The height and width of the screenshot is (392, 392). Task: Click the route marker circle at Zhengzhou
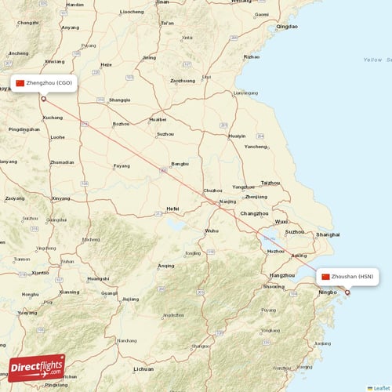coord(44,98)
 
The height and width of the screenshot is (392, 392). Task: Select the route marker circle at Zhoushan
coord(348,292)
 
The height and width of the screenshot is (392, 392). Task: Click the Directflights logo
coord(37,368)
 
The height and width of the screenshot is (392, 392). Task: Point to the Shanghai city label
coord(328,234)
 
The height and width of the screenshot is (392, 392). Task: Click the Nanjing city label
coord(228,201)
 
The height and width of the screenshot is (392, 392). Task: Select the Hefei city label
coord(172,209)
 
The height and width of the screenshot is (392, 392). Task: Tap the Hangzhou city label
coord(281,275)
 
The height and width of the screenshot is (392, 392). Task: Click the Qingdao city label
coord(287,27)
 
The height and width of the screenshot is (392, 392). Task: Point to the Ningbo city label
coord(328,293)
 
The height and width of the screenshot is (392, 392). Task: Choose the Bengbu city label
coord(180,163)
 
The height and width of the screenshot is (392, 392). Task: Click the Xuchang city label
coord(53,118)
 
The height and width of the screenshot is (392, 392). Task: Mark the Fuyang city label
coord(122,165)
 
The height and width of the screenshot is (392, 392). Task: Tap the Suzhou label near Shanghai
coord(296,231)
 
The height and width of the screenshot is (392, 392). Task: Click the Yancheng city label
coord(256,147)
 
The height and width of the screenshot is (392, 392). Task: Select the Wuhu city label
coord(212,230)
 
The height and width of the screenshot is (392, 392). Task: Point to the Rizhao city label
coord(251,56)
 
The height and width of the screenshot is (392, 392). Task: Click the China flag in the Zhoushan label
coord(325,277)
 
